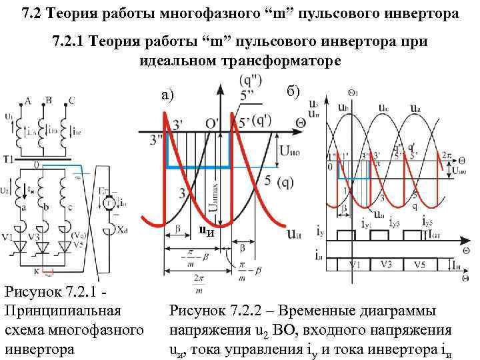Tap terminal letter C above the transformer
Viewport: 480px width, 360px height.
[x=71, y=101]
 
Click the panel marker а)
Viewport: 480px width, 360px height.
[x=169, y=96]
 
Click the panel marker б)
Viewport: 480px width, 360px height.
[x=294, y=91]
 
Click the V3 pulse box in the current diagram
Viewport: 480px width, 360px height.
[x=387, y=263]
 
